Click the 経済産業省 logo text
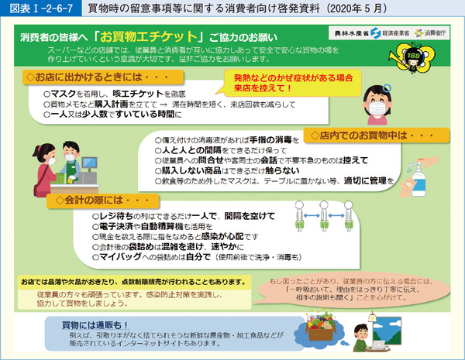coord(389,34)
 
